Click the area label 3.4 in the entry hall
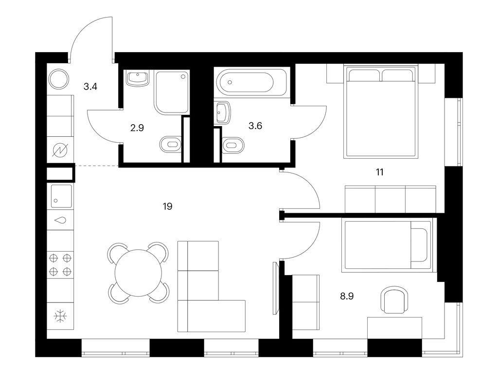(90, 87)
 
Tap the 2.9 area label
(137, 128)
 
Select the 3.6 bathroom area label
(255, 126)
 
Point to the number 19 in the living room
(167, 206)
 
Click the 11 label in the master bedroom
(379, 172)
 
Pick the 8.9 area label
(347, 297)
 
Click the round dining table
(139, 273)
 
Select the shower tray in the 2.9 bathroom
(172, 92)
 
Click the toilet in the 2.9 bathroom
(170, 144)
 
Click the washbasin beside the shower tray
(138, 78)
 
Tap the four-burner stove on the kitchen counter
(60, 264)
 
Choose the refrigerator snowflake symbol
(60, 316)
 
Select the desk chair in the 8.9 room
(394, 299)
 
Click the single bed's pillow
(418, 244)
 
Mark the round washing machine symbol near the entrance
(58, 79)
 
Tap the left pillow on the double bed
(365, 75)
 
